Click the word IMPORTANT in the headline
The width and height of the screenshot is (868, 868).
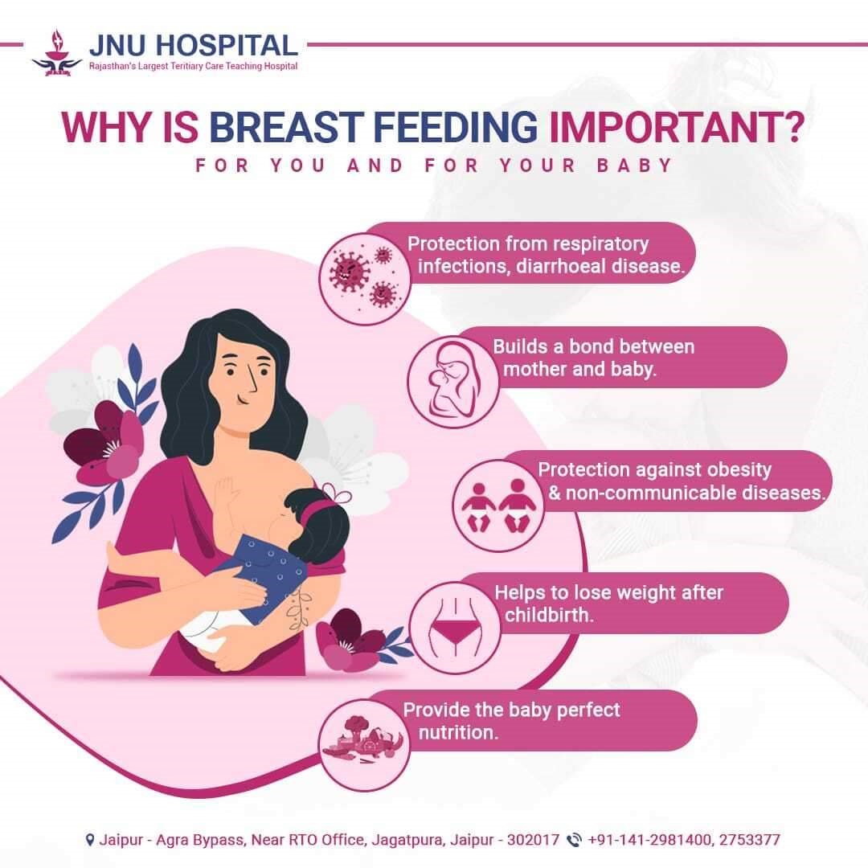click(675, 127)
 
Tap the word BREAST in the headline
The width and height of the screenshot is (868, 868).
click(285, 127)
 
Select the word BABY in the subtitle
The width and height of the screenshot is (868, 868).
click(634, 166)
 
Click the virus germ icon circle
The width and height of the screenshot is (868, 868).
click(365, 279)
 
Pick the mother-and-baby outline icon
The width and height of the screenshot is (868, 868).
click(453, 382)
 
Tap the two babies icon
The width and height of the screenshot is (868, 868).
click(498, 506)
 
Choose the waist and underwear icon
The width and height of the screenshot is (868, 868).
click(455, 628)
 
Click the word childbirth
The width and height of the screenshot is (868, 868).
click(549, 615)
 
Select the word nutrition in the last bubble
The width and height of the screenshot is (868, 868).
click(458, 732)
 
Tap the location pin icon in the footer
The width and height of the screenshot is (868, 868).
click(90, 840)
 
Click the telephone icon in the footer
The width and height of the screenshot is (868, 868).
click(575, 840)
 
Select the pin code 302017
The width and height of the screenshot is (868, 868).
click(533, 840)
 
